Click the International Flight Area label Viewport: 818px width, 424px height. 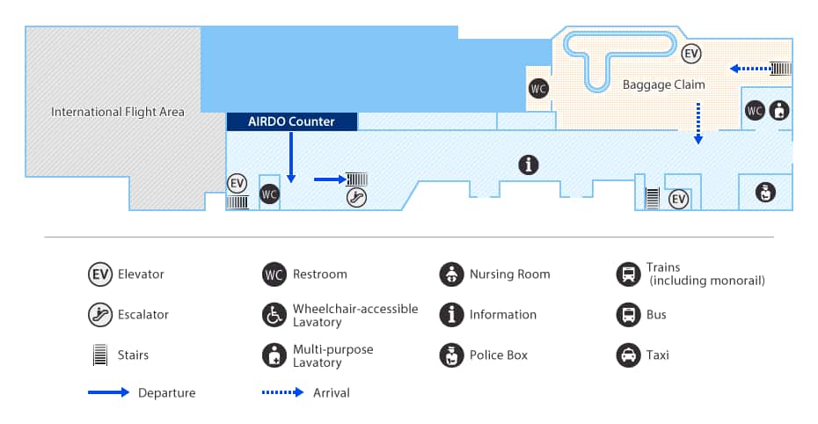pyautogui.click(x=118, y=112)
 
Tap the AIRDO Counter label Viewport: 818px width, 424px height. pyautogui.click(x=292, y=122)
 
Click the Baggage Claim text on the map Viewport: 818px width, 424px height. pyautogui.click(x=664, y=84)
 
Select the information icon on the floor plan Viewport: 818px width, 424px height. pyautogui.click(x=528, y=164)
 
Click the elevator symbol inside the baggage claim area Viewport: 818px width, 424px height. pyautogui.click(x=692, y=54)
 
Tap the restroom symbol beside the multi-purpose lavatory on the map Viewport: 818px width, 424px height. pyautogui.click(x=754, y=111)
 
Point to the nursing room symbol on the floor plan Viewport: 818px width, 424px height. pyautogui.click(x=765, y=192)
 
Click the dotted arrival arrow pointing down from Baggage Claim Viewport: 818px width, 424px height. pyautogui.click(x=697, y=122)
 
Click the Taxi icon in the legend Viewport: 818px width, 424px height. pyautogui.click(x=628, y=355)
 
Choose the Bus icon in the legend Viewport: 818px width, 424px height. pyautogui.click(x=628, y=315)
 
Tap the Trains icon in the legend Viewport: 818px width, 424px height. pyautogui.click(x=628, y=274)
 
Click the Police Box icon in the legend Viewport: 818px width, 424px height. pyautogui.click(x=451, y=355)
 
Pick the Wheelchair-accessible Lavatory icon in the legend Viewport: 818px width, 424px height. pyautogui.click(x=274, y=315)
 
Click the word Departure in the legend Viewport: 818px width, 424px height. pyautogui.click(x=166, y=392)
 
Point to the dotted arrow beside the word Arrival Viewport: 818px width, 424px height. pyautogui.click(x=282, y=392)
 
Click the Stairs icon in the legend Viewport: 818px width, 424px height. pyautogui.click(x=100, y=355)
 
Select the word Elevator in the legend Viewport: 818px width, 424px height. pyautogui.click(x=141, y=274)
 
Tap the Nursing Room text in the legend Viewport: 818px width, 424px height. pyautogui.click(x=509, y=274)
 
